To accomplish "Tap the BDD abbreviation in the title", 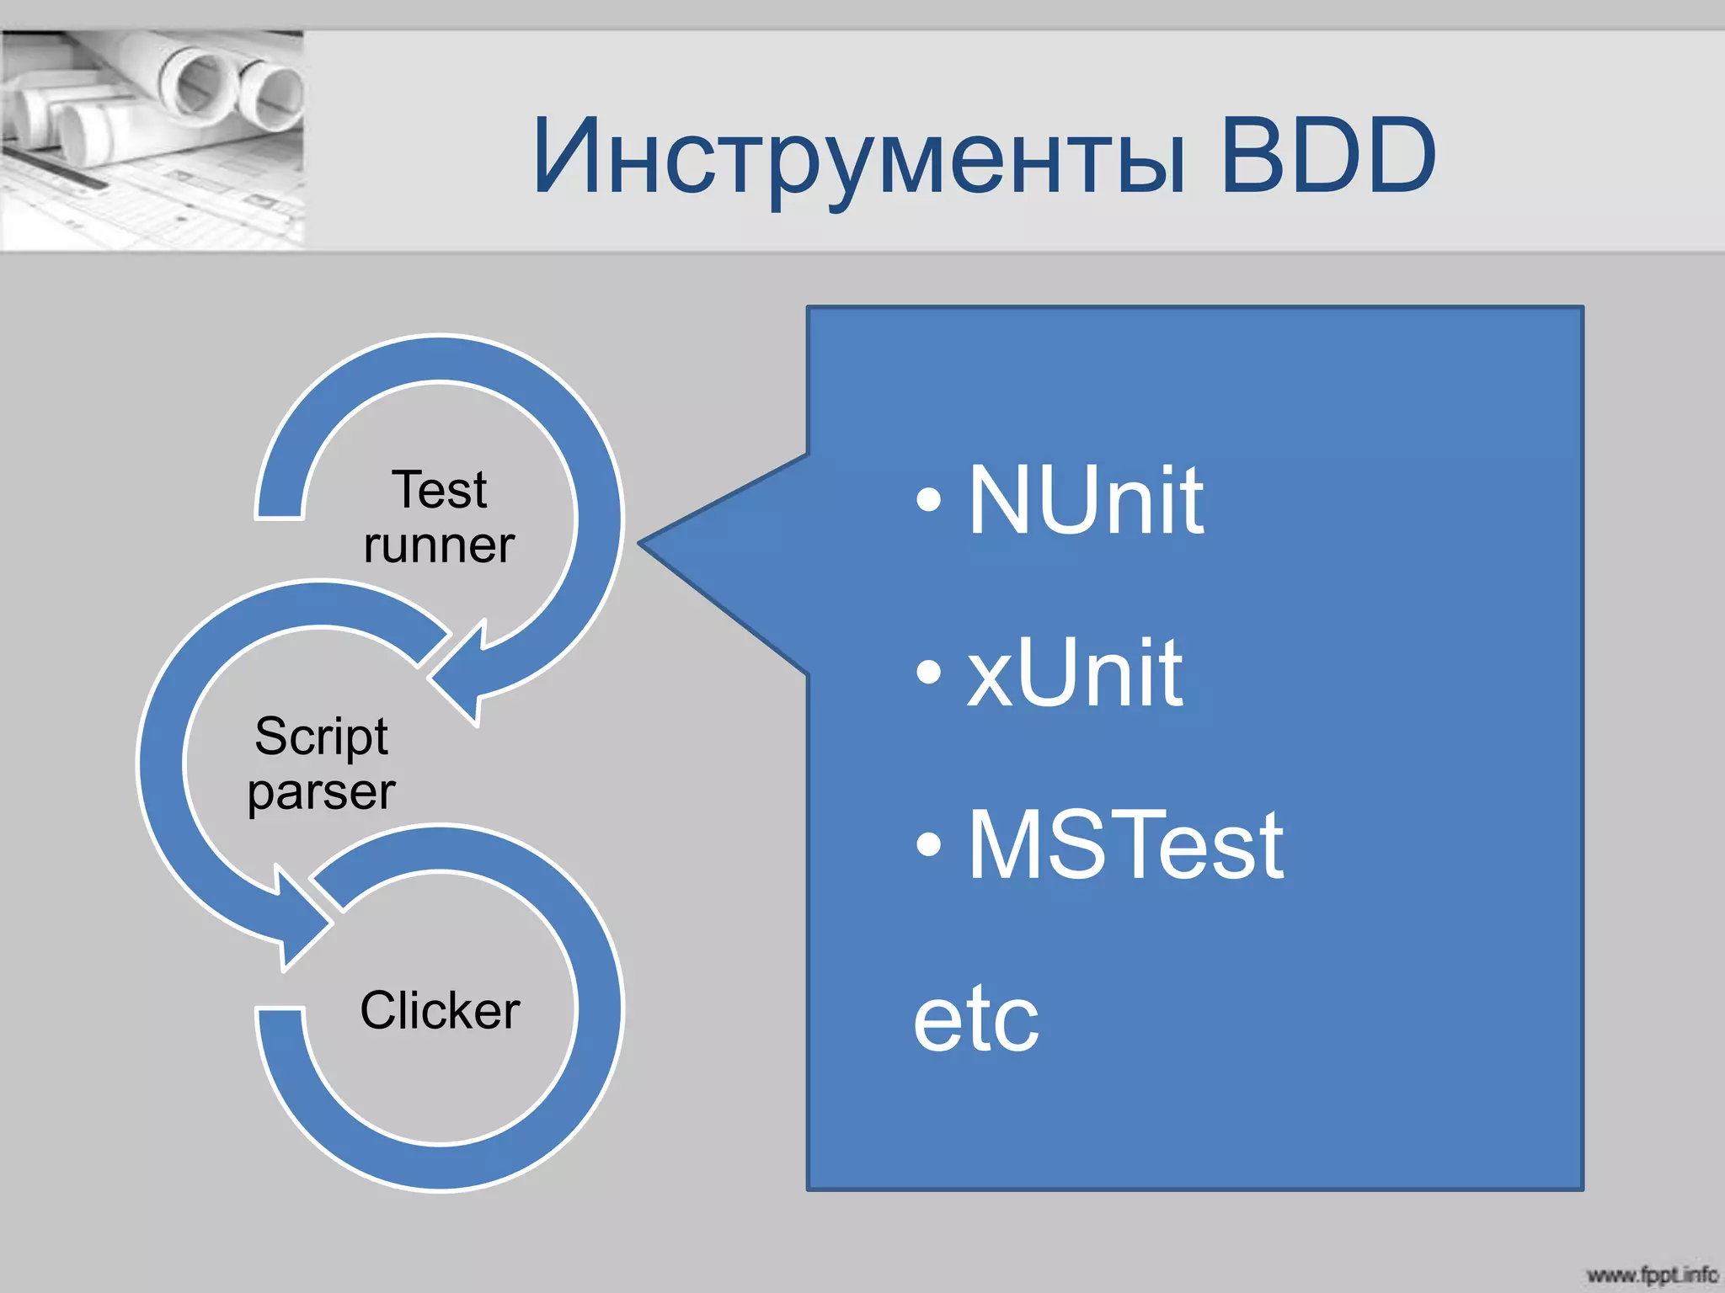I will [1327, 155].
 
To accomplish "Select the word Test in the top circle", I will [439, 490].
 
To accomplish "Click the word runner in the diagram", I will [439, 545].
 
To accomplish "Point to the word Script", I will [321, 737].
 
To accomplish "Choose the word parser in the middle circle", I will [321, 792].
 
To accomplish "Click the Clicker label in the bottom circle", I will [439, 1010].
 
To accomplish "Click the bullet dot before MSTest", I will [928, 844].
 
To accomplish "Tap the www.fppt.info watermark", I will [1651, 1274].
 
